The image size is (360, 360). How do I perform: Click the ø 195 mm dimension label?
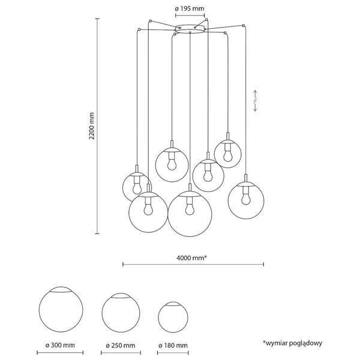[190, 9]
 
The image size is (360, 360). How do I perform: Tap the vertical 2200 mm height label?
[92, 126]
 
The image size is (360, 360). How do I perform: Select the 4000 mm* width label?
[192, 258]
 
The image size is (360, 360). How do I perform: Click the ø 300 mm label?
[60, 345]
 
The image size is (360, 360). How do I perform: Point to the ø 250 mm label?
[121, 346]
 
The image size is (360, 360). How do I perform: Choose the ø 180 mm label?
[173, 346]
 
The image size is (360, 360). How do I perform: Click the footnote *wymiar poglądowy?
[293, 343]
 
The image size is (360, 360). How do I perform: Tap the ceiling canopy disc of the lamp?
[190, 29]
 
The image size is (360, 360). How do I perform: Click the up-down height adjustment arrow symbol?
[255, 101]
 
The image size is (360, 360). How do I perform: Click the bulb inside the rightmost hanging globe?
[246, 199]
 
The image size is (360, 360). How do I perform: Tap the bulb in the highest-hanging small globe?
[228, 155]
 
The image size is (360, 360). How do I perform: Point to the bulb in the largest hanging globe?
[190, 209]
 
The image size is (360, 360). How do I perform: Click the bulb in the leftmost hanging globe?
[137, 188]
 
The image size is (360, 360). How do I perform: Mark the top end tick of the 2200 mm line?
[97, 19]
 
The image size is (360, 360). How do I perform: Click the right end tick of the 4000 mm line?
[263, 264]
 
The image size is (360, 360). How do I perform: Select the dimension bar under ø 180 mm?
[173, 353]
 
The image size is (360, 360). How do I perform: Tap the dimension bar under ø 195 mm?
[190, 16]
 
